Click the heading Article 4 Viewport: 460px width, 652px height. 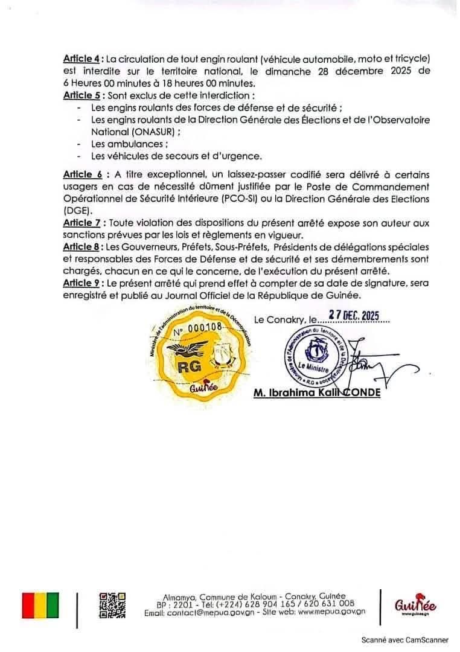[x=81, y=59]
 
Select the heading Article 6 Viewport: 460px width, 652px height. [x=82, y=174]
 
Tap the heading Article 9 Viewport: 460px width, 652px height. [x=81, y=283]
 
